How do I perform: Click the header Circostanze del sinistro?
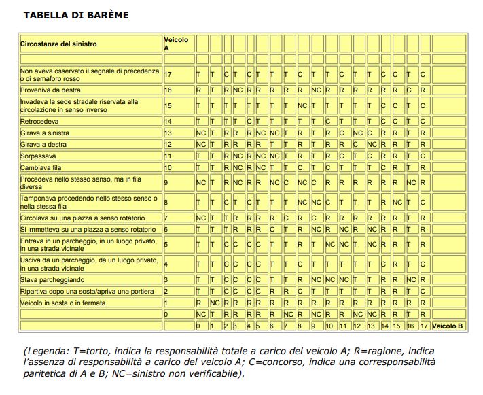[58, 44]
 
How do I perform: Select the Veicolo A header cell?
[176, 44]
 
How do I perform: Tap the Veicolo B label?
[448, 326]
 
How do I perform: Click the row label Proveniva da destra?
[50, 90]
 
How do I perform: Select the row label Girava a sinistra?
[45, 133]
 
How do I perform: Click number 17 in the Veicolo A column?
[168, 74]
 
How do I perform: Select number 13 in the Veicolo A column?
[168, 133]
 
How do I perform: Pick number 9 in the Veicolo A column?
[166, 183]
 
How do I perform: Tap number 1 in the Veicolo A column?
[166, 303]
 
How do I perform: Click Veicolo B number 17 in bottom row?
[423, 326]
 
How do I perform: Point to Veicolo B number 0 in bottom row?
[198, 326]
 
